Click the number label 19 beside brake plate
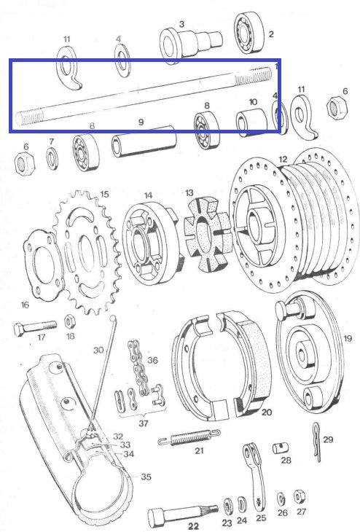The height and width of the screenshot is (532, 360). pos(347,339)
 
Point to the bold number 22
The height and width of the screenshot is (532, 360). pos(195,525)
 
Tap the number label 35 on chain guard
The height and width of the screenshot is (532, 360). pos(146,477)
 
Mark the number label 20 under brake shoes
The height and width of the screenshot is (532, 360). pos(267,412)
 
